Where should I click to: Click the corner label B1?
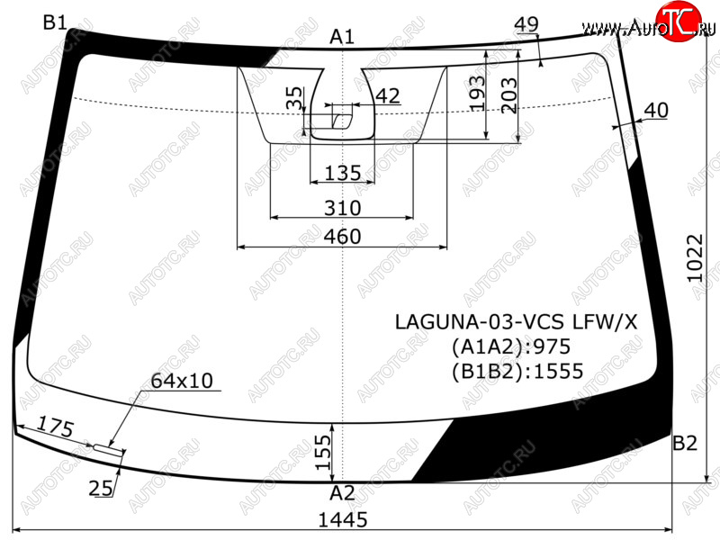click(55, 22)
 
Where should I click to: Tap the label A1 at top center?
click(342, 37)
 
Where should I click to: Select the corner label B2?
click(685, 443)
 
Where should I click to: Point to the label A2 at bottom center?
click(342, 493)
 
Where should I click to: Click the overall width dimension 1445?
click(343, 520)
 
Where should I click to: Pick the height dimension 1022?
click(694, 258)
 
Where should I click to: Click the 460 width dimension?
click(343, 237)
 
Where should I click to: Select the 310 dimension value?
click(343, 208)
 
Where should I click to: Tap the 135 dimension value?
click(343, 173)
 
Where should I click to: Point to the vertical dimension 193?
click(477, 94)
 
